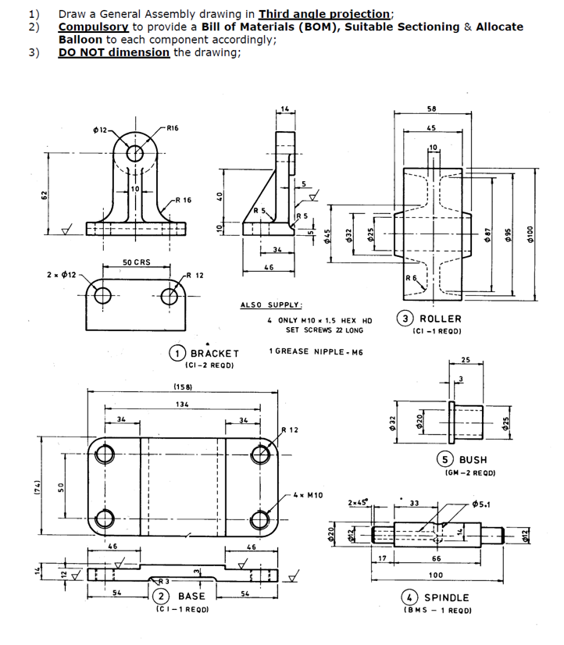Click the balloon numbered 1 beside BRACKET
[179, 353]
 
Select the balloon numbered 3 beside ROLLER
[407, 319]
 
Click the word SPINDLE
[447, 597]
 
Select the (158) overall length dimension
[182, 386]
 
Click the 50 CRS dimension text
[137, 262]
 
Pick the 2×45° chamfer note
[360, 502]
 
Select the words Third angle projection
[324, 14]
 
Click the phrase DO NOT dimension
[113, 52]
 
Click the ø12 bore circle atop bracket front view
[135, 152]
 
